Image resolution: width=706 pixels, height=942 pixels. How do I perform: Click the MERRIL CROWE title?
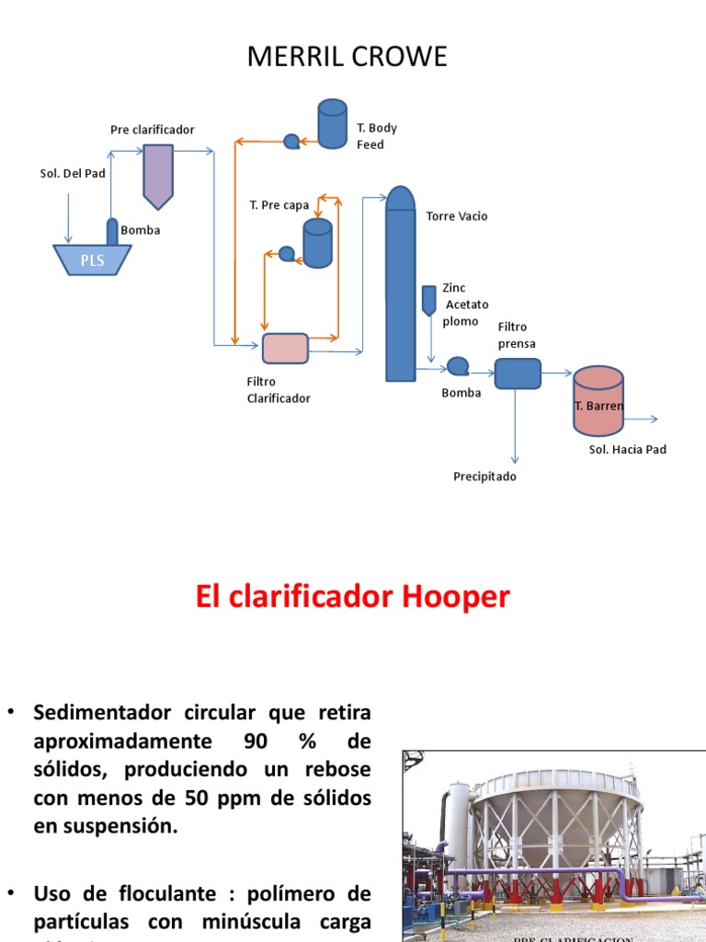click(x=347, y=57)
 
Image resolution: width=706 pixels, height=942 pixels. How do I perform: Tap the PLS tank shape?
click(x=92, y=260)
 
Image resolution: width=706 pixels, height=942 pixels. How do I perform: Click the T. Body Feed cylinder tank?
click(x=332, y=123)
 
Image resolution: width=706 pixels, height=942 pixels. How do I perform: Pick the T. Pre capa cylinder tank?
click(x=317, y=243)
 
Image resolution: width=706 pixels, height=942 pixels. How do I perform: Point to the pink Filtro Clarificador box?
click(x=285, y=349)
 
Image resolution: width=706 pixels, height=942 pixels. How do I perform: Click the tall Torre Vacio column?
click(x=400, y=285)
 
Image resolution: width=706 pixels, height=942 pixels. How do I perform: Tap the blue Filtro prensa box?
click(x=518, y=373)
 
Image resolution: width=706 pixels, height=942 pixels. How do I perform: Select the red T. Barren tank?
click(x=598, y=400)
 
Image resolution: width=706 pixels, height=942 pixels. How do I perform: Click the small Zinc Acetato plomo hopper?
click(x=428, y=300)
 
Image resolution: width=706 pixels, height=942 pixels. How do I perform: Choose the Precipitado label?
click(x=484, y=477)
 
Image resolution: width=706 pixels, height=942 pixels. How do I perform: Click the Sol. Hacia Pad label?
click(x=627, y=450)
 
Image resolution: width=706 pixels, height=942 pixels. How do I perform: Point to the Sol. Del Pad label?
click(x=73, y=173)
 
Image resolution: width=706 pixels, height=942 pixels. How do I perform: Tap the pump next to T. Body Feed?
click(x=291, y=141)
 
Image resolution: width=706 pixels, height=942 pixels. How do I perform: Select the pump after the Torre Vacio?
click(x=457, y=366)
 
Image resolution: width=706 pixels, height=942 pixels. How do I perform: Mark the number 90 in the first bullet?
click(x=256, y=741)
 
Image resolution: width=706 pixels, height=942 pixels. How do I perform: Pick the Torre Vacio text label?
click(x=457, y=216)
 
